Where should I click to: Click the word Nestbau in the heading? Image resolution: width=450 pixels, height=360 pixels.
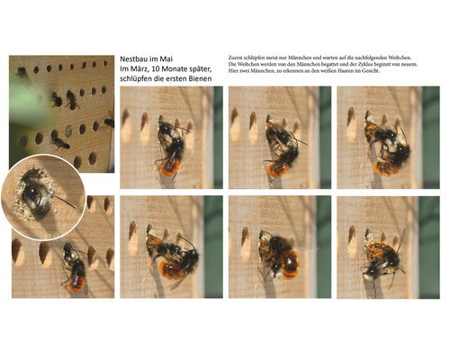[x=136, y=57]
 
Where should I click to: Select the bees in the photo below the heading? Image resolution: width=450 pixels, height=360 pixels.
[x=169, y=147]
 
